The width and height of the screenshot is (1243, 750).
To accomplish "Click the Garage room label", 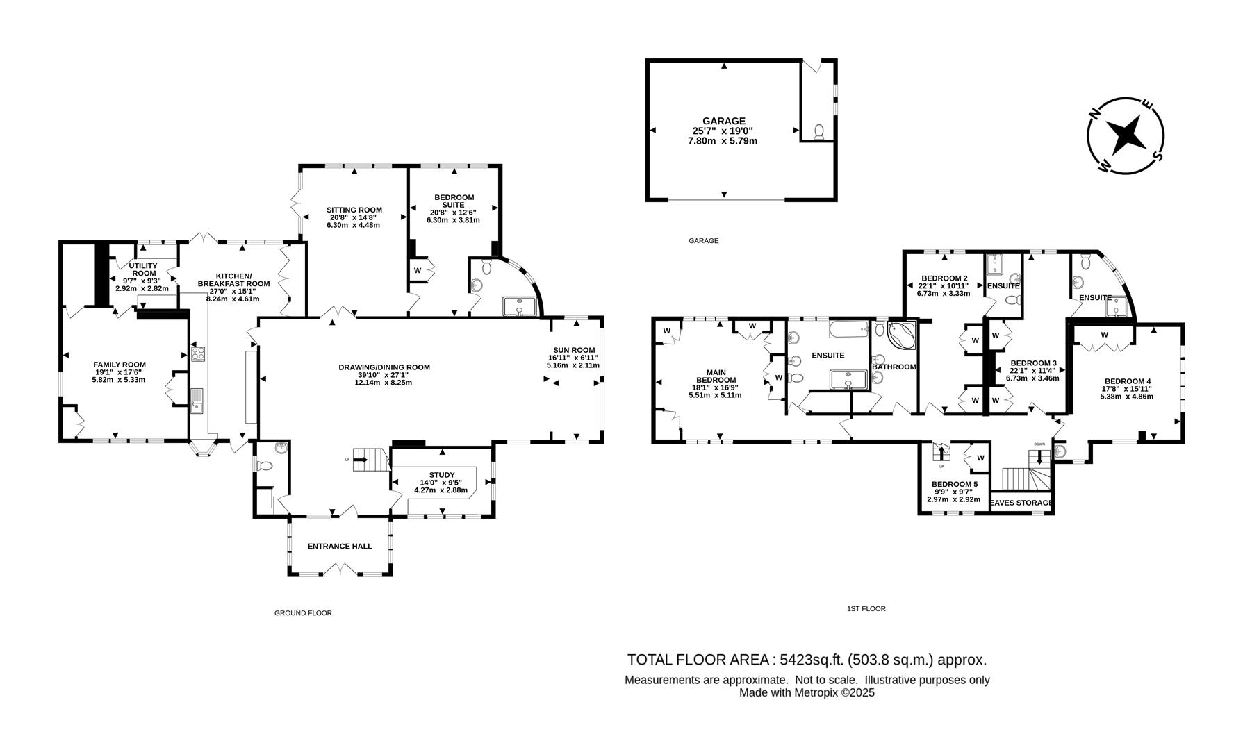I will coord(723,121).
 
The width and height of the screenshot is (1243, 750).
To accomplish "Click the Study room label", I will coord(442,475).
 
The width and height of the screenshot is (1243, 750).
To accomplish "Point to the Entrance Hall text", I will coord(340,546).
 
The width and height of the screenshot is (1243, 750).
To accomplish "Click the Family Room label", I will coord(120,365).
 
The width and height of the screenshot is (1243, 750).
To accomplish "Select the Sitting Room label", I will coord(354,210).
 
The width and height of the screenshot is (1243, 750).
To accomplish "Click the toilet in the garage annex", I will coord(819,131).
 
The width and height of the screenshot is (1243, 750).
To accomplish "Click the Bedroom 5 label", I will coord(954,484).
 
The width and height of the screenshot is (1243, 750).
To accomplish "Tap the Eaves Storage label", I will coord(1021,503).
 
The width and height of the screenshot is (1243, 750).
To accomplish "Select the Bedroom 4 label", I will coord(1128,381).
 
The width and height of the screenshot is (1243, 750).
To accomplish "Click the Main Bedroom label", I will coord(716,376).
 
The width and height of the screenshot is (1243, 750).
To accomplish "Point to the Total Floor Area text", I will coord(806,660).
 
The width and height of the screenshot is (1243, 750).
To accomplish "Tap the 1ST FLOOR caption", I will coord(866,609).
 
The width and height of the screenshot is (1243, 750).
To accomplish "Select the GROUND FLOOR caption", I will coord(303,613).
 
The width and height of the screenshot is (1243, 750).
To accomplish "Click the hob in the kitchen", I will coord(198,354).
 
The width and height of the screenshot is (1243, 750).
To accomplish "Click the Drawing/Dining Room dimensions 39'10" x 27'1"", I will coord(384,375).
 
